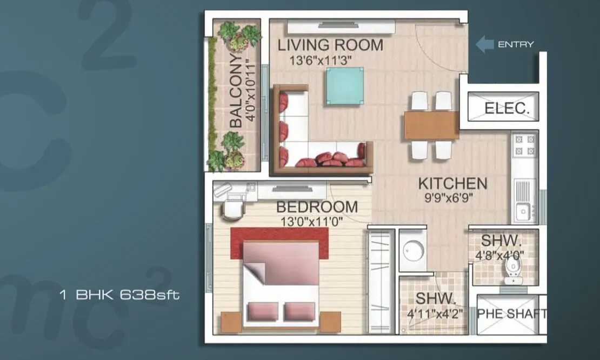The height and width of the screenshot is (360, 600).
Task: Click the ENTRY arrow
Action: click(484, 44)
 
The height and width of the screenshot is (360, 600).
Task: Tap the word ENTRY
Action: click(516, 44)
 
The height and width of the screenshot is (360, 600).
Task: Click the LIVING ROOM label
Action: click(330, 45)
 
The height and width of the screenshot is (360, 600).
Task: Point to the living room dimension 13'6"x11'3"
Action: click(321, 60)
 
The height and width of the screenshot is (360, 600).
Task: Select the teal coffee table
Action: click(345, 86)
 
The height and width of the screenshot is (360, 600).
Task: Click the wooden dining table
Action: click(431, 125)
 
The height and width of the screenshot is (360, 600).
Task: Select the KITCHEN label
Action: click(452, 183)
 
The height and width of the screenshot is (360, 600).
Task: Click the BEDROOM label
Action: click(317, 207)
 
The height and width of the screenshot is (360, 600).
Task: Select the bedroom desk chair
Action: click(234, 210)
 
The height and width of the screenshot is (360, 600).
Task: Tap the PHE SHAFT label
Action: click(511, 314)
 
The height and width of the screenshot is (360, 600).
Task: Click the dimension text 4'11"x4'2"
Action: click(436, 314)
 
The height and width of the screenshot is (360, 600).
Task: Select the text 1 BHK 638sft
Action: click(119, 295)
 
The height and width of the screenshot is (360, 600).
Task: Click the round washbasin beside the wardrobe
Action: click(413, 250)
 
